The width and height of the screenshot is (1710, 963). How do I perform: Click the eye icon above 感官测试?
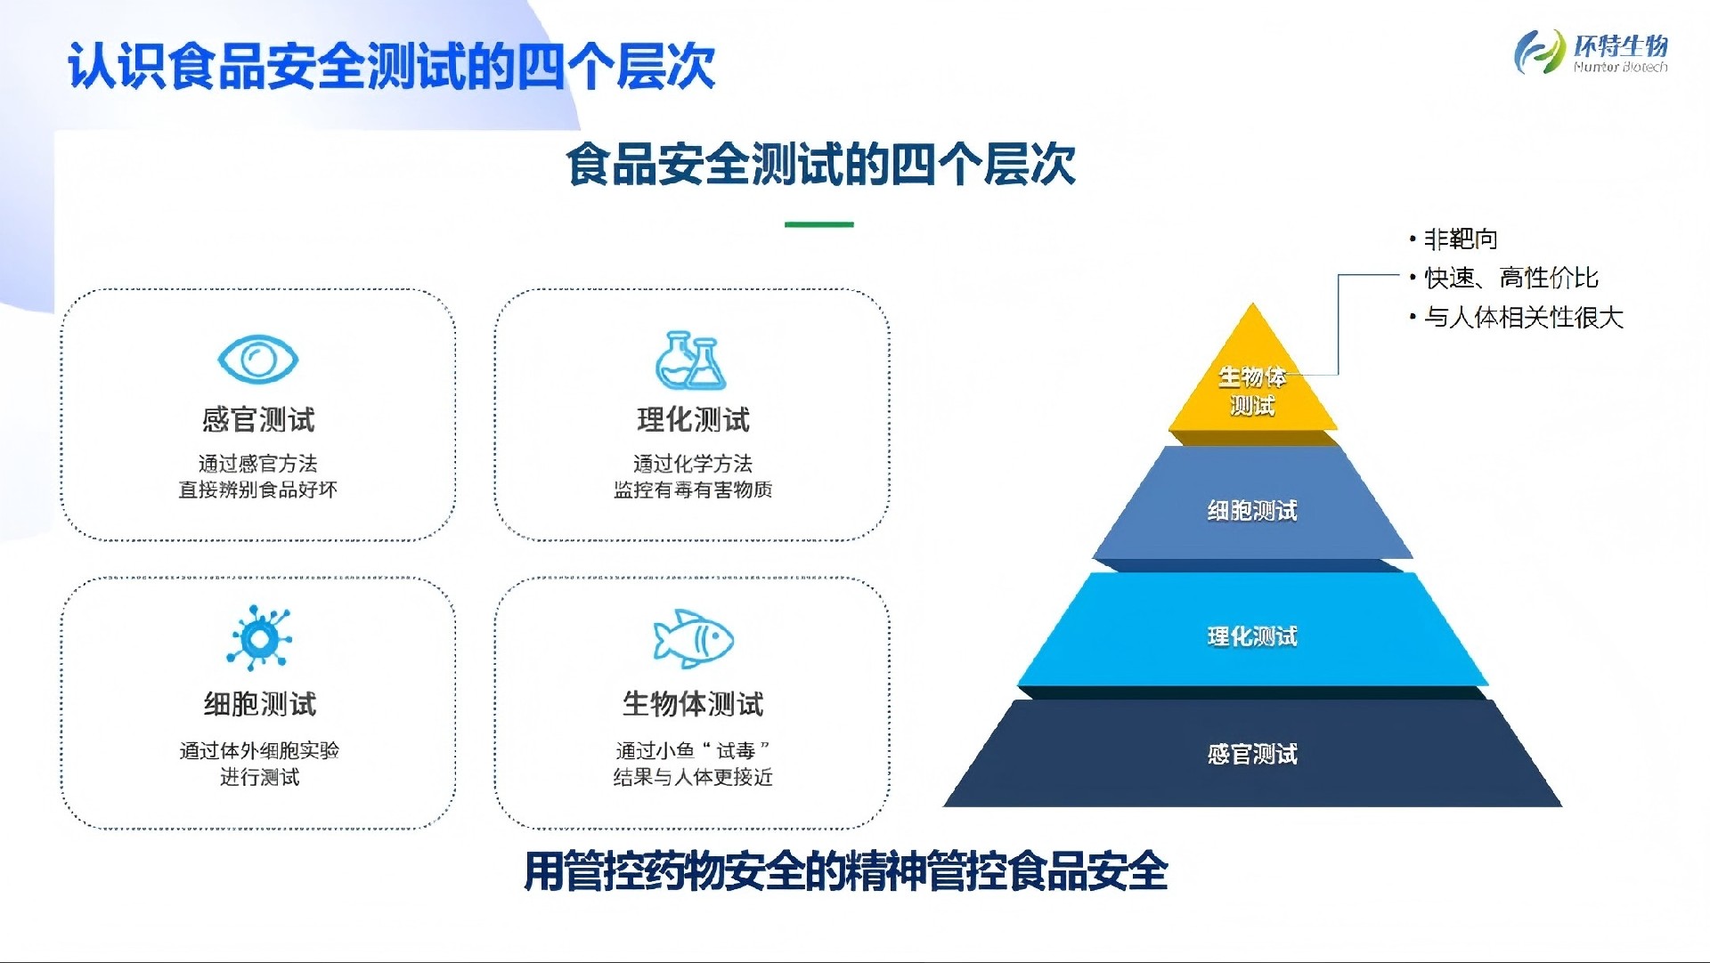[257, 360]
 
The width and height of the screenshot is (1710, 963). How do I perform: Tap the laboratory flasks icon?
[691, 360]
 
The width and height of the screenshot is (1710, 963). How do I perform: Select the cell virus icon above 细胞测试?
[259, 637]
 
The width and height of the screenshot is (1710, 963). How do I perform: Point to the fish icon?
[693, 638]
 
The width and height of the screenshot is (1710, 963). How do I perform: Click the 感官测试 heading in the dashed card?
[258, 419]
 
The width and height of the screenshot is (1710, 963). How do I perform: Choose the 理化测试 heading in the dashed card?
[693, 419]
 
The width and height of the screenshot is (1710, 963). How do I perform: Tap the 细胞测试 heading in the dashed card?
[259, 704]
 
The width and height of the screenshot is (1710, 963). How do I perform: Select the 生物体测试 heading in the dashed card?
[693, 704]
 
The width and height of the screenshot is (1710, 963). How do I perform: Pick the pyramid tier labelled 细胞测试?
[1252, 507]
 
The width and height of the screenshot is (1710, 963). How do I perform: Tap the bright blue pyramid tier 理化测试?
[1252, 632]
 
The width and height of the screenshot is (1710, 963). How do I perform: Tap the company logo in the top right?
[1591, 52]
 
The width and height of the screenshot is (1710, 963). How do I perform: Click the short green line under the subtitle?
[818, 224]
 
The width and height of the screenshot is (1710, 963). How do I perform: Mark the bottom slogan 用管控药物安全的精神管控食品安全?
[845, 871]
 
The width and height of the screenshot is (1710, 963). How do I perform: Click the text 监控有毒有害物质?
[693, 490]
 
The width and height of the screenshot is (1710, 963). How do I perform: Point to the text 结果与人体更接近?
[693, 777]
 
